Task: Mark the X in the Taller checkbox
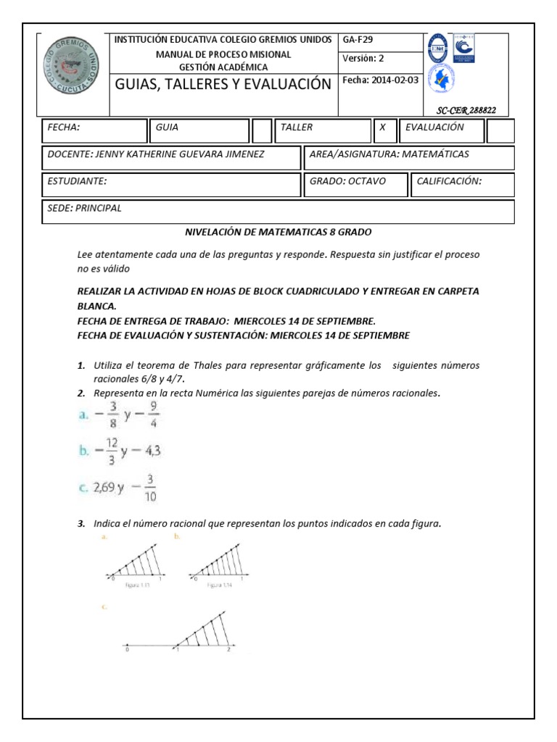pyautogui.click(x=383, y=128)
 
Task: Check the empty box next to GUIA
pyautogui.click(x=262, y=130)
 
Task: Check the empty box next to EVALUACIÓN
pyautogui.click(x=500, y=130)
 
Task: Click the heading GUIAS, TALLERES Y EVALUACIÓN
pyautogui.click(x=223, y=84)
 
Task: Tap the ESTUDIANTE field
pyautogui.click(x=171, y=183)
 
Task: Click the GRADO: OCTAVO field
pyautogui.click(x=355, y=183)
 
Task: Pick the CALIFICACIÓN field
pyautogui.click(x=463, y=183)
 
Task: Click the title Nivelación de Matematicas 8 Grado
pyautogui.click(x=278, y=233)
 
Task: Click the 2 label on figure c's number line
pyautogui.click(x=228, y=651)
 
